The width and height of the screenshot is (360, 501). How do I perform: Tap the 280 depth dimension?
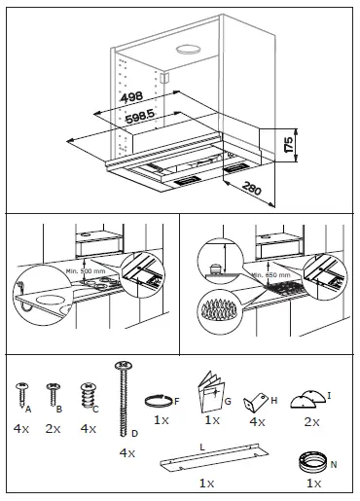pos(252,187)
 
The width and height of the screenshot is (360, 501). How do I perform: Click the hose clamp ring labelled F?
pos(159,400)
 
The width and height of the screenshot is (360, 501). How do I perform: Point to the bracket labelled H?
pos(256,400)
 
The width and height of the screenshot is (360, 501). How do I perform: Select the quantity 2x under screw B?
pos(54,429)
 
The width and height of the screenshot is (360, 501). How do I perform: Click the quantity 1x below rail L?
pos(206,483)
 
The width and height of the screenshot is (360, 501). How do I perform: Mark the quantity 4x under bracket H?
pos(257,422)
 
